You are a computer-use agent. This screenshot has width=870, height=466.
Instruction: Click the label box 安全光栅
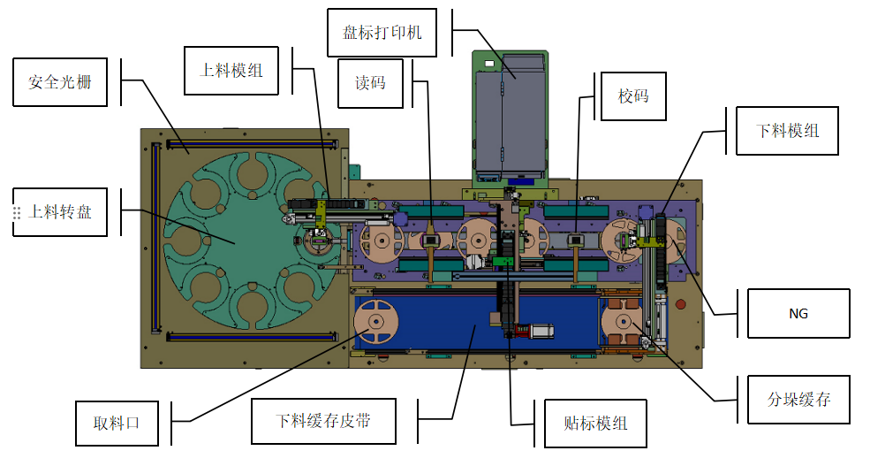[60, 82]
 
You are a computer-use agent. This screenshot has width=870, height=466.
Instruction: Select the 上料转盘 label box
[60, 211]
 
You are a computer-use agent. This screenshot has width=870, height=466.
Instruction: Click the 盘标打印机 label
[382, 33]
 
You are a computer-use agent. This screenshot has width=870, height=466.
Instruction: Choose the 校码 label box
[633, 95]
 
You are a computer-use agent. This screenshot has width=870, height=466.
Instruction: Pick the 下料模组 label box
[788, 131]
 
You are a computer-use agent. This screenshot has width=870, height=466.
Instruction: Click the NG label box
[798, 313]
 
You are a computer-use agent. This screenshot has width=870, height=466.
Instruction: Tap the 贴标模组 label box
[594, 424]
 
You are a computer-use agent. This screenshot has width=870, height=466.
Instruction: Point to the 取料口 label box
[117, 423]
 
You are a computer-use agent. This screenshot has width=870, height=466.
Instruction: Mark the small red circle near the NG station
[680, 305]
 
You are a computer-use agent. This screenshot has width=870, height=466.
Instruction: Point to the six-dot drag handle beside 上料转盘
[17, 213]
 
